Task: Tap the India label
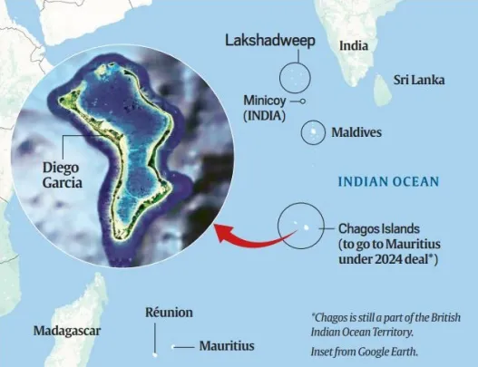354,45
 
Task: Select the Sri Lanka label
419,80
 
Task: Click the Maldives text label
356,132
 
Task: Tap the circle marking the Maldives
315,132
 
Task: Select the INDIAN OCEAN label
388,182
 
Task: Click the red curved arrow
254,237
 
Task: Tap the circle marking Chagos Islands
300,225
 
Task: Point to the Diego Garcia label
62,175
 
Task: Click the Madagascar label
67,331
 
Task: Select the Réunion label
169,313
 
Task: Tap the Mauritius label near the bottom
227,346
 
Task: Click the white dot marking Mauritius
156,347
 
